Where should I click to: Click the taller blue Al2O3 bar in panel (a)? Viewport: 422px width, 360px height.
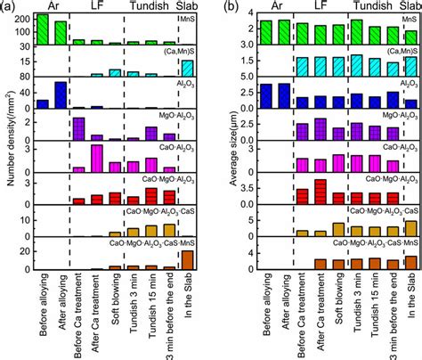tap(61, 95)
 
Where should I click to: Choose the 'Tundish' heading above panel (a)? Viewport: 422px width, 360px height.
tap(143, 7)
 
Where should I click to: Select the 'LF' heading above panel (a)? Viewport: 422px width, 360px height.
tap(97, 7)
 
